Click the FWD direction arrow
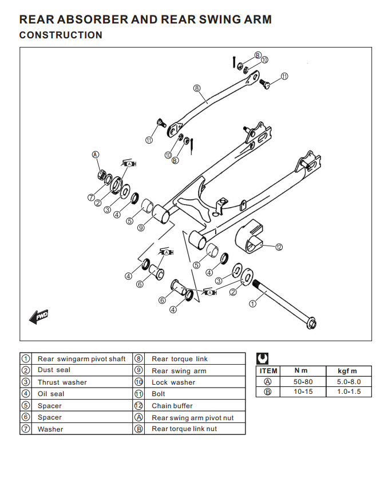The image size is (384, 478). [39, 316]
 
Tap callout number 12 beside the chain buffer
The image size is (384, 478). [279, 247]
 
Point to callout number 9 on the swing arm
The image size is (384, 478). [141, 228]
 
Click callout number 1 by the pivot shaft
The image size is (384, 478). [252, 303]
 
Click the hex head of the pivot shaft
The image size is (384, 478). [312, 324]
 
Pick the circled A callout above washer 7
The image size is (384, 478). [96, 155]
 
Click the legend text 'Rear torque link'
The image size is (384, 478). [180, 359]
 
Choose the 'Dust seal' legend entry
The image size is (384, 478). [54, 370]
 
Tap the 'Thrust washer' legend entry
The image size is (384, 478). [62, 382]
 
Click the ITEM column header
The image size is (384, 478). [268, 371]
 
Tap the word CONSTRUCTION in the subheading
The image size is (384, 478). [61, 35]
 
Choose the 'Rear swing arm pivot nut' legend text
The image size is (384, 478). [192, 418]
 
